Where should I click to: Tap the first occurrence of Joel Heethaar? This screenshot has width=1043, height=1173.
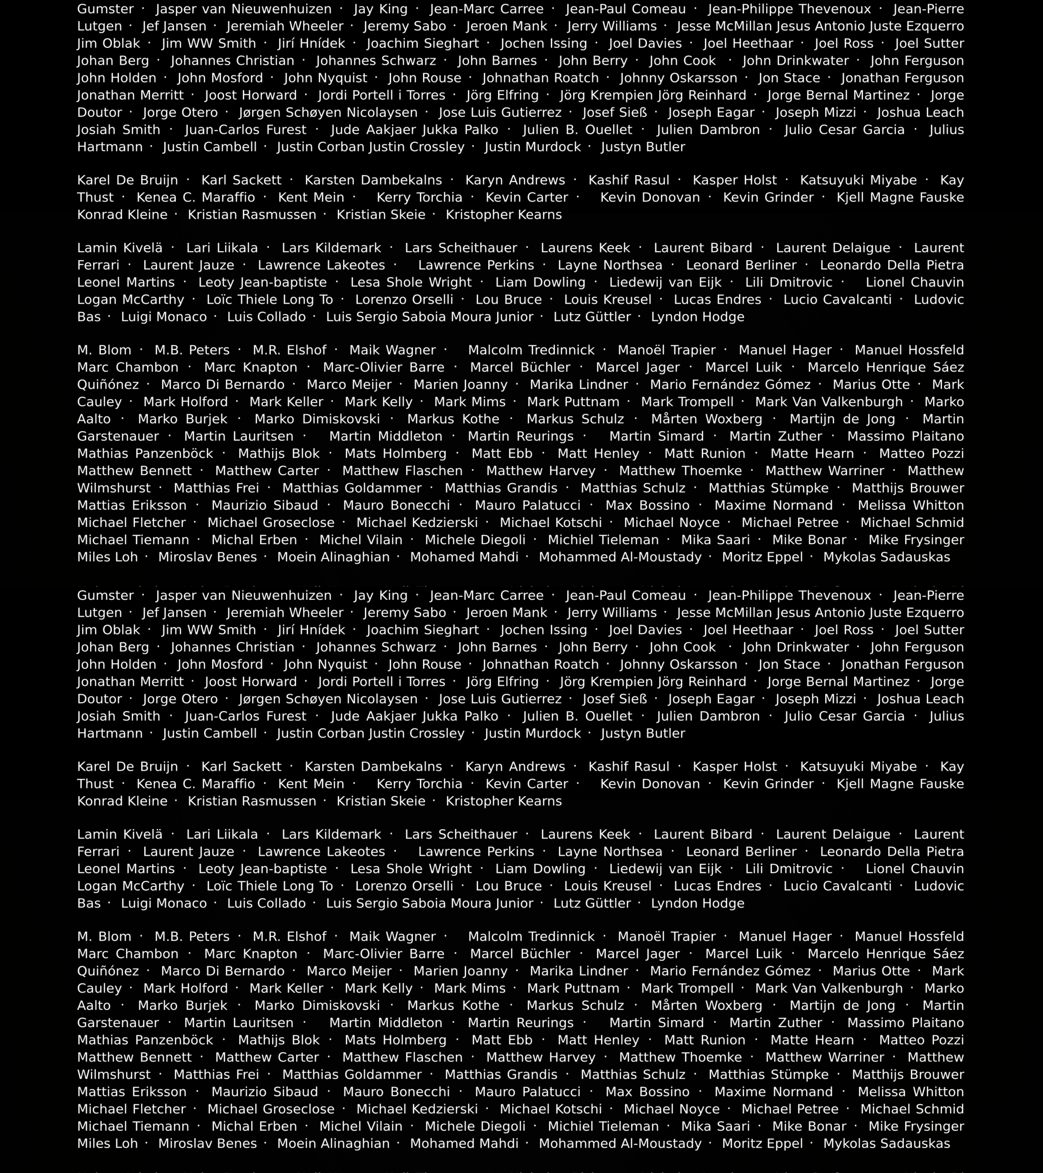(x=748, y=44)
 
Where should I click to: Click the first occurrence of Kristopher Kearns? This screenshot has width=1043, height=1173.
(x=504, y=215)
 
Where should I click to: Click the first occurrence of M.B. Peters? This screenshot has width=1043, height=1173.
(x=192, y=350)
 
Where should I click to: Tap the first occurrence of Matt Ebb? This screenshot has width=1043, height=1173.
(x=502, y=453)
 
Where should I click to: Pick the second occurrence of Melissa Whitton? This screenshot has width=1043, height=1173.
(x=910, y=1091)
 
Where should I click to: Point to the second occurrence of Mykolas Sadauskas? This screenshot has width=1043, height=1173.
(x=886, y=1143)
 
